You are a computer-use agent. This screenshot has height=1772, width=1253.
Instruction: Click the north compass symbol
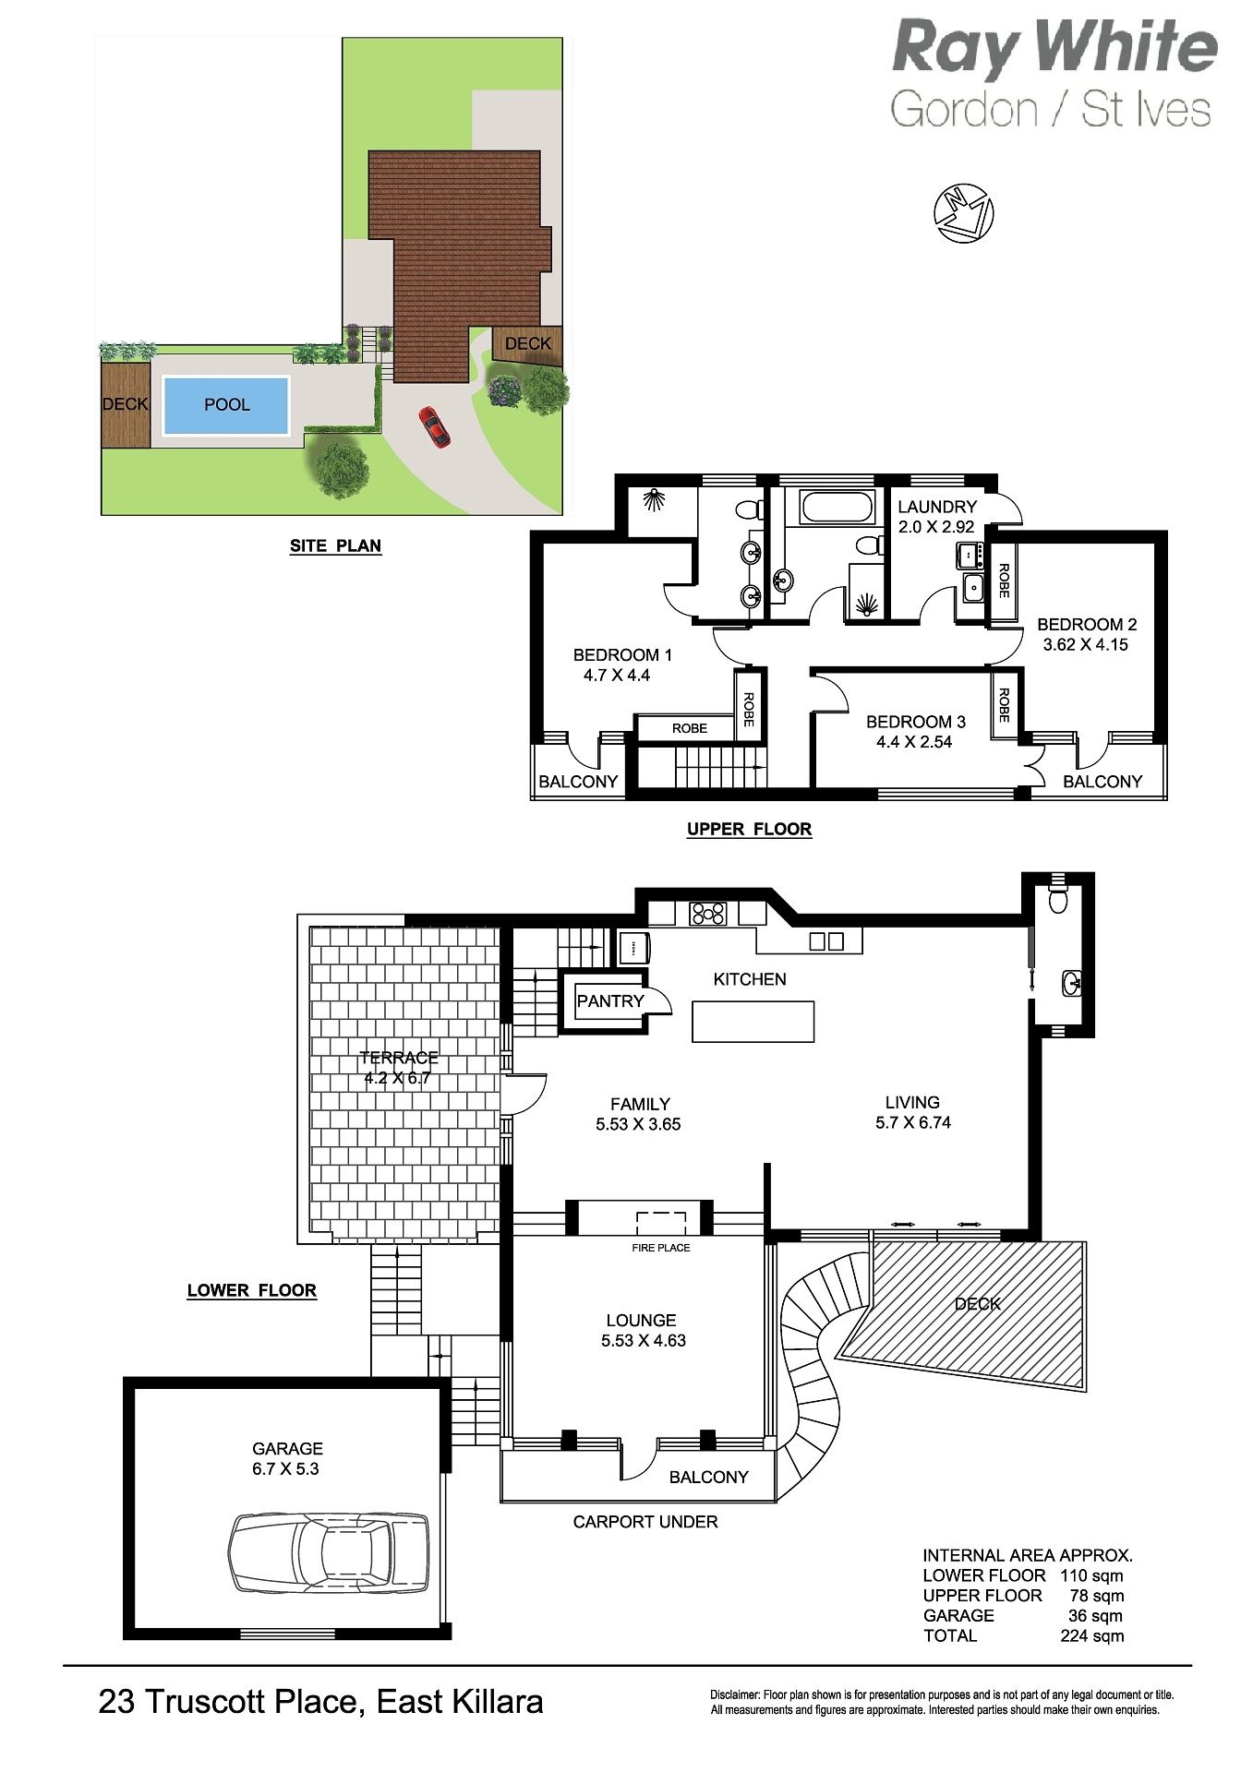point(964,213)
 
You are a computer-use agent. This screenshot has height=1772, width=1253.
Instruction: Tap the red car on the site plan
point(434,427)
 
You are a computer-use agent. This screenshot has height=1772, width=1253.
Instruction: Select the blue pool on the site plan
point(226,404)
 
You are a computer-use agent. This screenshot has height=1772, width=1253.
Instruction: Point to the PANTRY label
point(610,1000)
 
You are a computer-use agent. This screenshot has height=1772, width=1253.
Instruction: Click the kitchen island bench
point(753,1021)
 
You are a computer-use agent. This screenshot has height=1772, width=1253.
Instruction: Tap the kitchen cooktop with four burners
point(707,914)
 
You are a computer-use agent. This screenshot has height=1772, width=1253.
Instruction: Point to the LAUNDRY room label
point(937,507)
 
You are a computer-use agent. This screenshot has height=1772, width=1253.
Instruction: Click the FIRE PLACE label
point(661,1248)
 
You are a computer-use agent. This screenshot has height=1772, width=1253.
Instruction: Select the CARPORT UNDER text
point(645,1522)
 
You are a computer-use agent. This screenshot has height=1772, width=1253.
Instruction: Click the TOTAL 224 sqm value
point(1092,1635)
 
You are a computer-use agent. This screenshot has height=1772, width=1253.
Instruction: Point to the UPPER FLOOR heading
point(749,829)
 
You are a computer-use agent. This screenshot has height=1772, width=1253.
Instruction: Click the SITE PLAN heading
point(335,545)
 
